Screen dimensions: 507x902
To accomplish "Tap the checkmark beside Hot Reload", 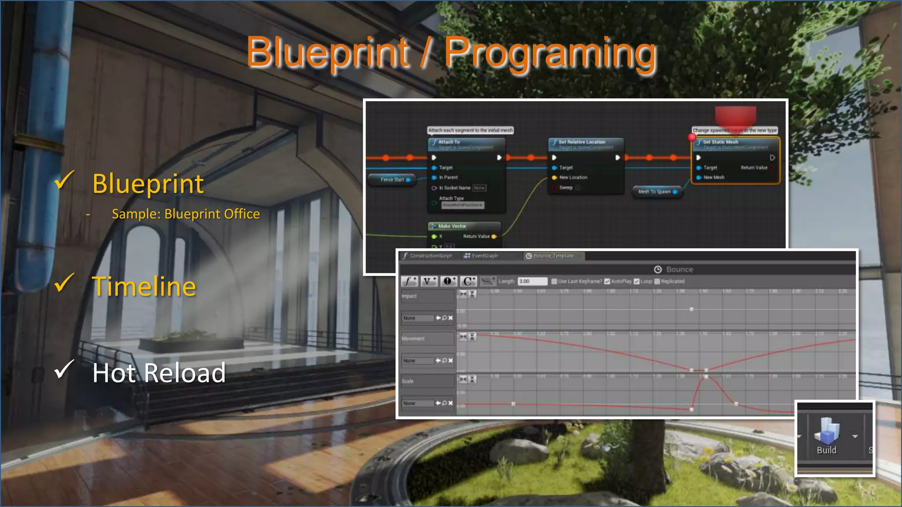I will (x=64, y=369).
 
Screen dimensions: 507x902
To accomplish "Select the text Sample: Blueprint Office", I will (x=185, y=214).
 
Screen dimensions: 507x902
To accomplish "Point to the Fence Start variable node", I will (x=392, y=180).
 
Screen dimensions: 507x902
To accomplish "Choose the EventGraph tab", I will (x=484, y=256).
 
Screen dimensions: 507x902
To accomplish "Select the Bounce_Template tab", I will (x=553, y=256).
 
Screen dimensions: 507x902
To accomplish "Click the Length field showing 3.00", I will (x=532, y=281).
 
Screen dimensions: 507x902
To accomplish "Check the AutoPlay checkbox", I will (x=607, y=281).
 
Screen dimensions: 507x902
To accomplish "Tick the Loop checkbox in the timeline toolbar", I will (x=636, y=281).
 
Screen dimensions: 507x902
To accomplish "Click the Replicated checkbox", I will (x=657, y=281).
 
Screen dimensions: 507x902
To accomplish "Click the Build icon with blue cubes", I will (x=827, y=431).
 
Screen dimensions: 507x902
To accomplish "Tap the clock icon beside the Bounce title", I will (x=658, y=269).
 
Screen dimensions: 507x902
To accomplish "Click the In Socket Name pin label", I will (x=455, y=188).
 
